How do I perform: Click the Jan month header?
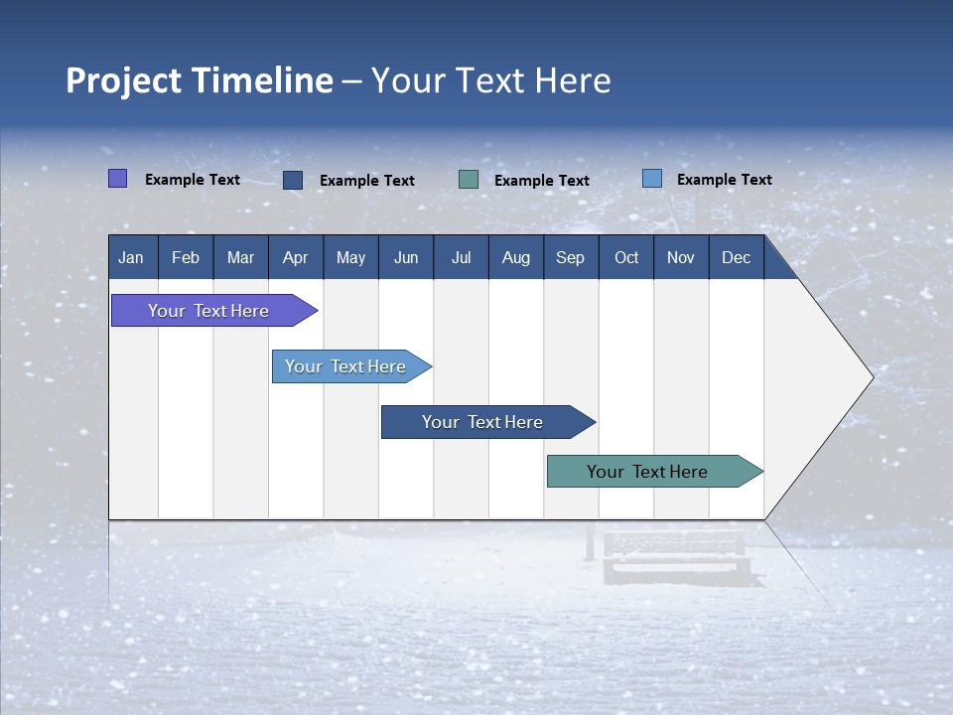[131, 258]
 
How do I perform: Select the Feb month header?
[186, 258]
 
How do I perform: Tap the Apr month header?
[295, 258]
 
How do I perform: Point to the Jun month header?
[406, 258]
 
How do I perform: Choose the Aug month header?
[515, 258]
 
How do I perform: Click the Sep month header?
[570, 258]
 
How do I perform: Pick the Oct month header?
[626, 258]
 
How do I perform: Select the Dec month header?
[736, 258]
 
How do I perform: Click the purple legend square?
[118, 179]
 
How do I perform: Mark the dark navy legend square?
[293, 180]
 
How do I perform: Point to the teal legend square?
[469, 180]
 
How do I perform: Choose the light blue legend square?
[652, 179]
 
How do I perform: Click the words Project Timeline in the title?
[200, 80]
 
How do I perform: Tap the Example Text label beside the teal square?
[542, 181]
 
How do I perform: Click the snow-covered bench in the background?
[675, 556]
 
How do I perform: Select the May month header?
[350, 258]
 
